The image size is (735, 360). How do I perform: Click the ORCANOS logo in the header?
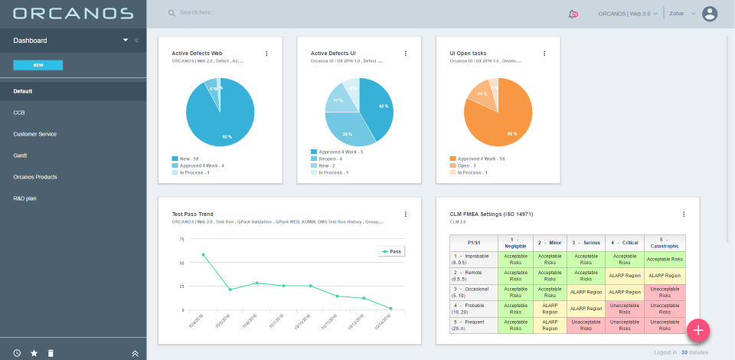(x=73, y=13)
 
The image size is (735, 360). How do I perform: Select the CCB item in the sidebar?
(x=19, y=113)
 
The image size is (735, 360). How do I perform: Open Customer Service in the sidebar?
(x=34, y=134)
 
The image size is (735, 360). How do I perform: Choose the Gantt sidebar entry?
(x=21, y=155)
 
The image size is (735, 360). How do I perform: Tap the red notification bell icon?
(x=573, y=14)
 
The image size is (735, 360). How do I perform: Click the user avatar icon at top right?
(x=710, y=14)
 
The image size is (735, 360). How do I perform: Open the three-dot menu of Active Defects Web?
(x=266, y=54)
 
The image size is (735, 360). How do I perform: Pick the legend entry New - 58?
(x=186, y=159)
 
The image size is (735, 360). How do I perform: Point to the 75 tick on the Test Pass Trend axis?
(x=181, y=239)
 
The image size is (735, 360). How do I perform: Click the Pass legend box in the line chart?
(x=390, y=250)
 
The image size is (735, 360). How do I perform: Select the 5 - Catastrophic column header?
(x=665, y=242)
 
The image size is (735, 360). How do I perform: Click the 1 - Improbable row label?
(x=472, y=259)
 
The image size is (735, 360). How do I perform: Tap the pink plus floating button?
(x=698, y=329)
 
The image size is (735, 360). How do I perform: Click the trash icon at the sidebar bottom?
(x=51, y=353)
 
